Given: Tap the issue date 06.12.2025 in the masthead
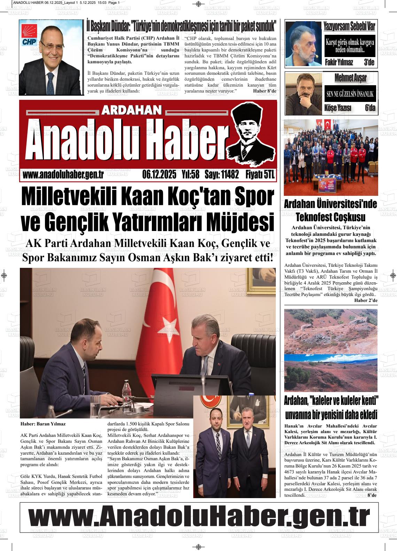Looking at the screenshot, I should pyautogui.click(x=159, y=174).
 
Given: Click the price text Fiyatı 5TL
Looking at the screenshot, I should pyautogui.click(x=260, y=174).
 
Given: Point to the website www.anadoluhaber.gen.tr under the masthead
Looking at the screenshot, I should pyautogui.click(x=63, y=175).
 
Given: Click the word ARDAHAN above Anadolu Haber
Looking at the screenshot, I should pyautogui.click(x=132, y=110).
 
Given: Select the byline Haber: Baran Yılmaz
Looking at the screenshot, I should pyautogui.click(x=43, y=424).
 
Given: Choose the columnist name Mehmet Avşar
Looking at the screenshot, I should pyautogui.click(x=350, y=78).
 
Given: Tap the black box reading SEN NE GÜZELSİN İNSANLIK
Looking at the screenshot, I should pyautogui.click(x=350, y=94).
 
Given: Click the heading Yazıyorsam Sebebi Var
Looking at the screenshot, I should pyautogui.click(x=349, y=26).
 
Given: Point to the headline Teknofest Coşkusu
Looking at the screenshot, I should pyautogui.click(x=330, y=217).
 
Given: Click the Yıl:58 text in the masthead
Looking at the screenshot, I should pyautogui.click(x=190, y=174).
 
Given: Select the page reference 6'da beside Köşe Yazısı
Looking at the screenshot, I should pyautogui.click(x=370, y=108).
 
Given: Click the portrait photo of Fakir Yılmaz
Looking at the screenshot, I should pyautogui.click(x=303, y=44).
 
